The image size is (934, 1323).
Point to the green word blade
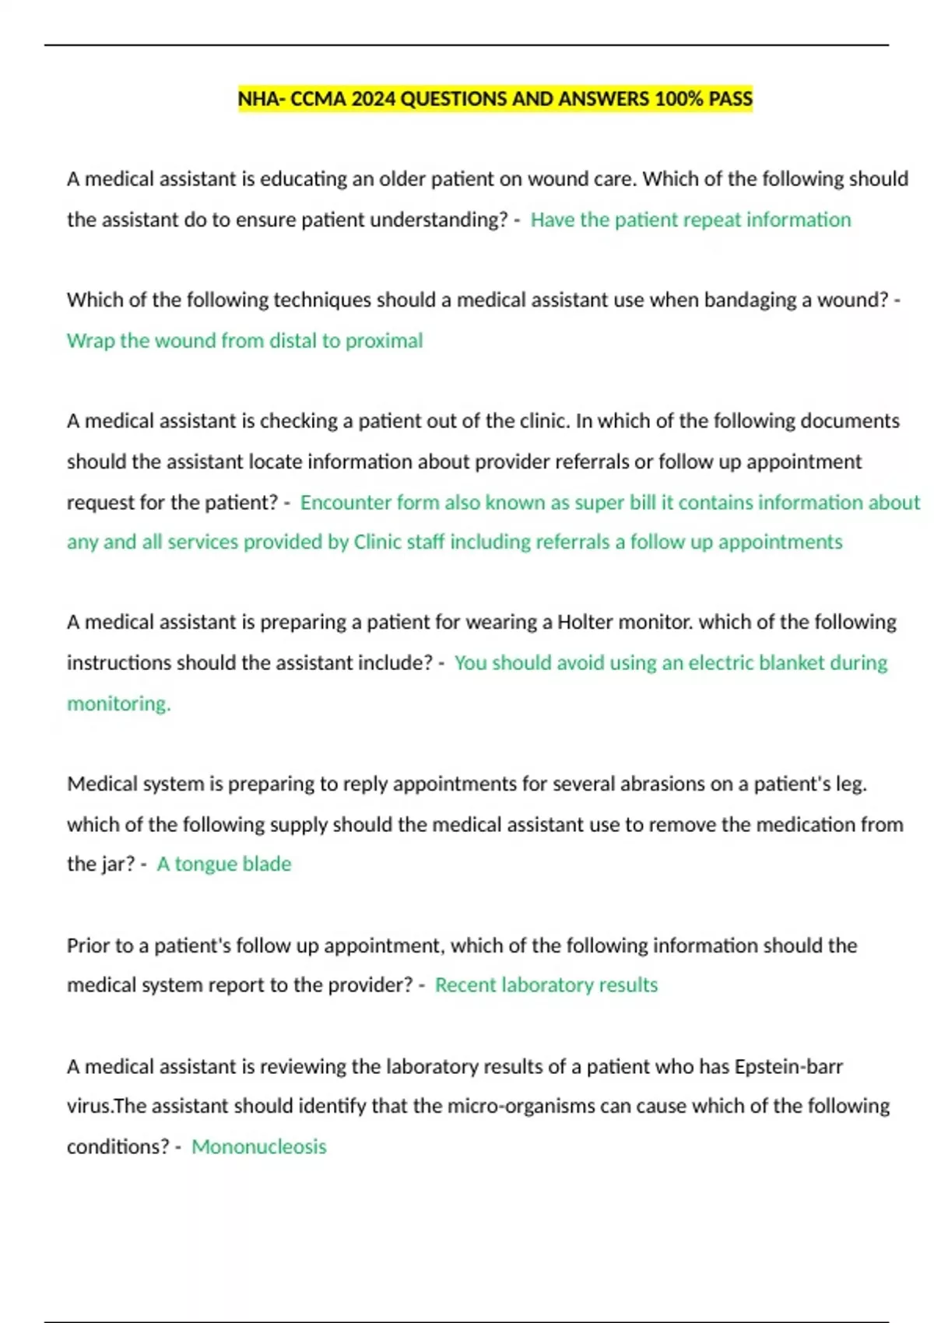(x=267, y=864)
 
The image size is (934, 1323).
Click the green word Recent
(x=465, y=985)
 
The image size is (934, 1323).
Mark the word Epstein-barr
(x=788, y=1066)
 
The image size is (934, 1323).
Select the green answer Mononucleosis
(x=258, y=1146)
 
